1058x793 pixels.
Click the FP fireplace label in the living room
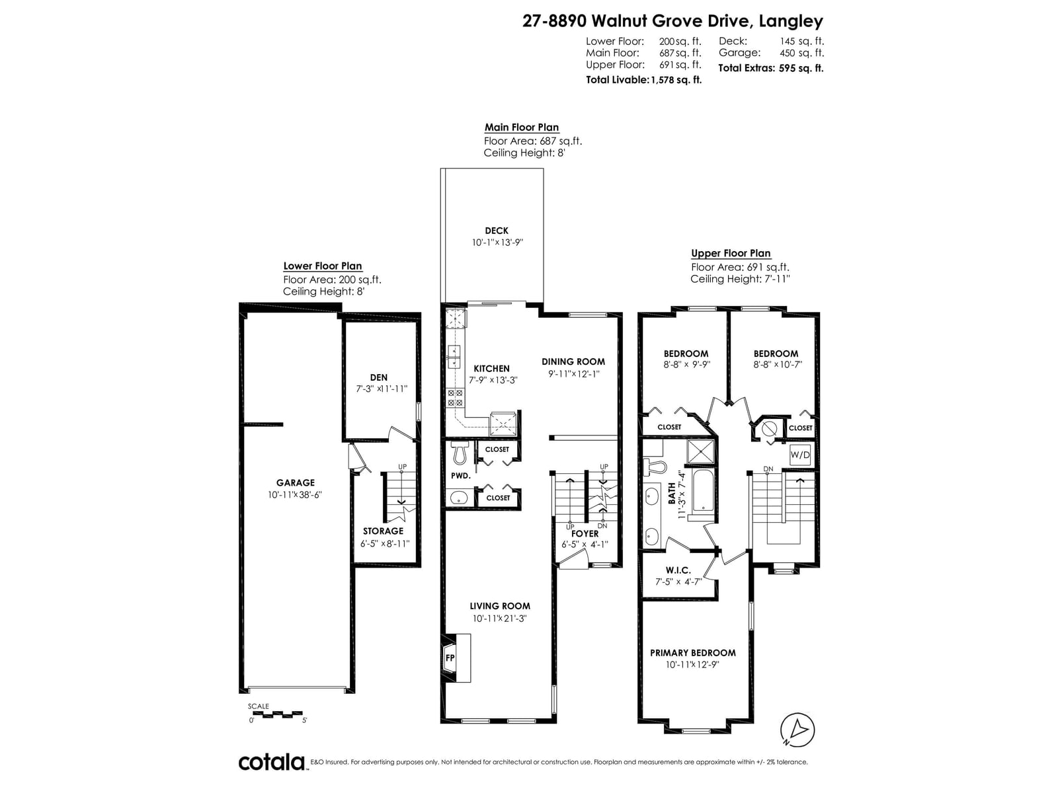pyautogui.click(x=450, y=658)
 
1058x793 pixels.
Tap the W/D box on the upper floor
pyautogui.click(x=800, y=455)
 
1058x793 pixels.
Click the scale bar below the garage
pyautogui.click(x=277, y=714)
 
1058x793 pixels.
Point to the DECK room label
pyautogui.click(x=497, y=231)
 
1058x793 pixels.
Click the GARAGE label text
pyautogui.click(x=296, y=483)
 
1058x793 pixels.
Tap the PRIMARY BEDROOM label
pyautogui.click(x=692, y=653)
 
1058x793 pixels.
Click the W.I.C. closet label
pyautogui.click(x=678, y=570)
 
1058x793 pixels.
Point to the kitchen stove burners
pyautogui.click(x=456, y=397)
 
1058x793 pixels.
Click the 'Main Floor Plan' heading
pyautogui.click(x=521, y=128)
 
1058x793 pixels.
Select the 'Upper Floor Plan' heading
pyautogui.click(x=731, y=253)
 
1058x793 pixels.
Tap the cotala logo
pyautogui.click(x=272, y=762)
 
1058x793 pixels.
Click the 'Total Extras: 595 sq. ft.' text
pyautogui.click(x=770, y=68)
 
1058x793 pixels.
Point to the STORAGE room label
pyautogui.click(x=383, y=531)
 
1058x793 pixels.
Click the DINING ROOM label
pyautogui.click(x=573, y=361)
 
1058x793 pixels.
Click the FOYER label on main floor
pyautogui.click(x=585, y=533)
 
